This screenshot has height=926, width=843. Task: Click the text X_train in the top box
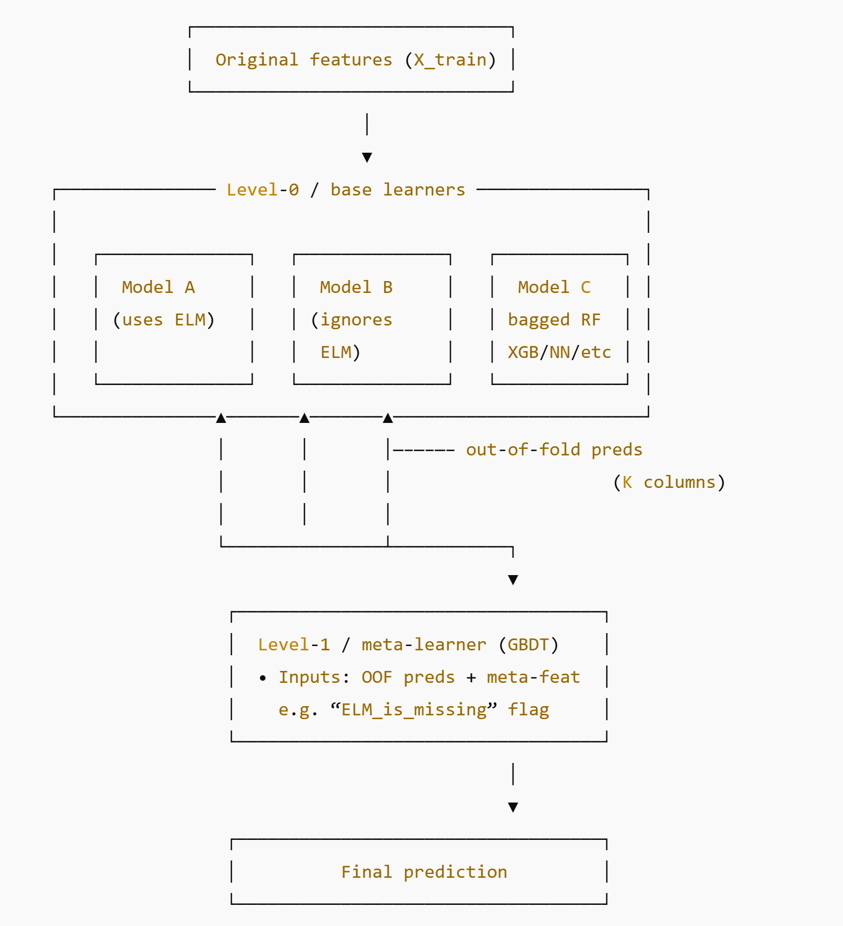click(x=450, y=60)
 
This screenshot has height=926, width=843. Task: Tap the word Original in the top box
click(x=257, y=60)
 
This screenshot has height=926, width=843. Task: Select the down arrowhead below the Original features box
click(x=367, y=158)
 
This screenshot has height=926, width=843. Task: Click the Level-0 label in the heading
click(x=262, y=190)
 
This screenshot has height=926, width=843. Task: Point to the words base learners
click(x=398, y=190)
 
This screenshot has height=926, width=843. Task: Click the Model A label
click(x=158, y=287)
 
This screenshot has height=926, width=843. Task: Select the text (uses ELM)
click(x=164, y=319)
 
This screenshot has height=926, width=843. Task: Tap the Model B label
click(x=356, y=287)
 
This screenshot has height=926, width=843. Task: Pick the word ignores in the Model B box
click(x=356, y=319)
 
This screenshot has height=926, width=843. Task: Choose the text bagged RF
click(x=554, y=319)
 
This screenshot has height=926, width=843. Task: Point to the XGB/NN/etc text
click(x=559, y=352)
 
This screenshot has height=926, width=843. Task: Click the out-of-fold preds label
click(x=554, y=449)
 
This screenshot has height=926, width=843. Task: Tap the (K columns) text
click(x=669, y=482)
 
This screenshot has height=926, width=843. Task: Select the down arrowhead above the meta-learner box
click(x=513, y=580)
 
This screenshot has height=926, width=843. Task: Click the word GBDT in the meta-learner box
click(x=528, y=644)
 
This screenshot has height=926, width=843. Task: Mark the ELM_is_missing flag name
click(x=414, y=709)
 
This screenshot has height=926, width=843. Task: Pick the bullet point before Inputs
click(x=263, y=678)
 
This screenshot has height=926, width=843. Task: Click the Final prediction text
click(x=424, y=872)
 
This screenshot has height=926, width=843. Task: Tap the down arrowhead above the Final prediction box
click(x=513, y=807)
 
